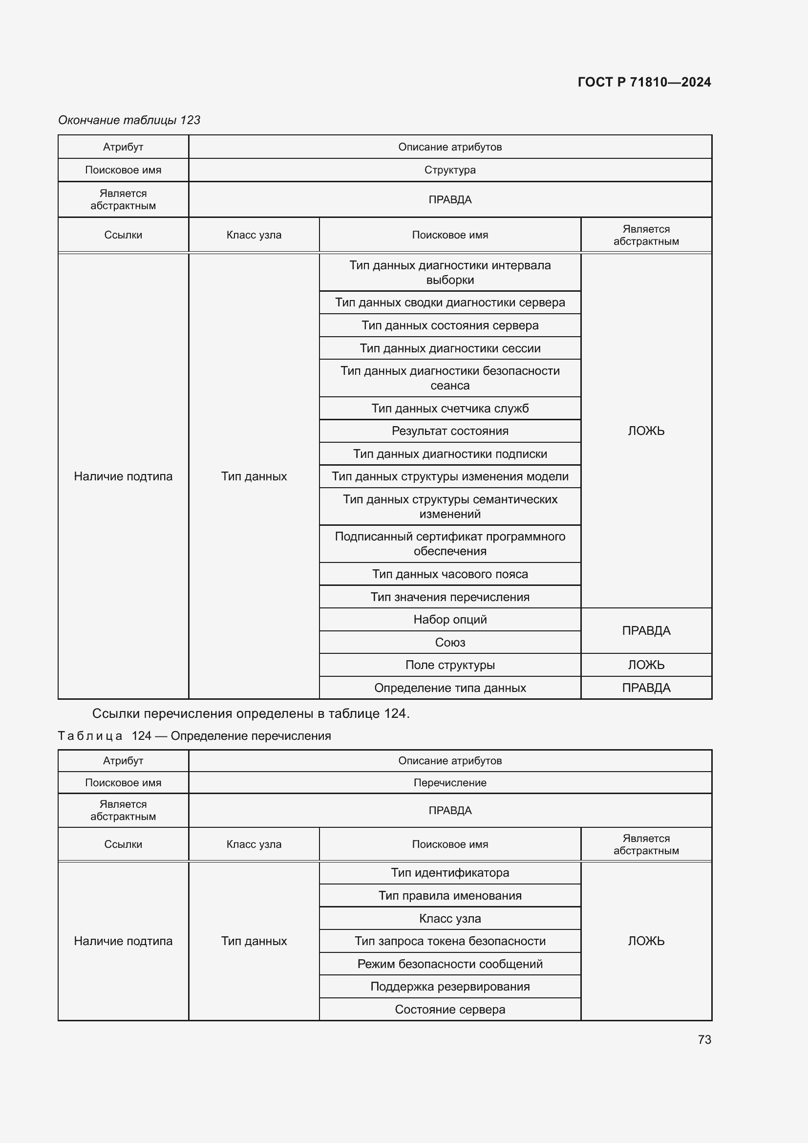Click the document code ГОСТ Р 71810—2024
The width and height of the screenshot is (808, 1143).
(x=644, y=82)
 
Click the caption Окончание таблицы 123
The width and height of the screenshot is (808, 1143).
(x=129, y=120)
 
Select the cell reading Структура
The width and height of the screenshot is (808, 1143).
(x=450, y=170)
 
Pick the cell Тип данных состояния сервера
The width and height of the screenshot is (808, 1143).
(x=450, y=325)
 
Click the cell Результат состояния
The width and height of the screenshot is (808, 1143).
(x=450, y=431)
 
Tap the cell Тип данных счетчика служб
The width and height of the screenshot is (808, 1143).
(x=450, y=408)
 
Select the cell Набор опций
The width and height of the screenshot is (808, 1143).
(x=450, y=619)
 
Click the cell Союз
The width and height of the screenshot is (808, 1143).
(x=450, y=642)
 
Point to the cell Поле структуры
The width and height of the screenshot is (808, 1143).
(x=450, y=665)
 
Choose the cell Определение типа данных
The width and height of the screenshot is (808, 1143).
(x=450, y=688)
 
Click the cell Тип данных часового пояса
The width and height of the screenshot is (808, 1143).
(x=450, y=574)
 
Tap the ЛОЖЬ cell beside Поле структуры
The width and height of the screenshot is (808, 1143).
(x=646, y=665)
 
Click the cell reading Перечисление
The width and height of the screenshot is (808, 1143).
(x=450, y=782)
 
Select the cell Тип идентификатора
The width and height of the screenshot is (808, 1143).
(x=450, y=873)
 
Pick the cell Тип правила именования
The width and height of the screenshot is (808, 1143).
(x=450, y=896)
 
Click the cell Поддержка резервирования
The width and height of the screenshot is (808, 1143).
(x=450, y=987)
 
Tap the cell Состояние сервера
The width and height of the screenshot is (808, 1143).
(x=450, y=1010)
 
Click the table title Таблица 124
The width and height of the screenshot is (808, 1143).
(x=194, y=736)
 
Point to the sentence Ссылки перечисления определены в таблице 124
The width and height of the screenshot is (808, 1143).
(x=251, y=714)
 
